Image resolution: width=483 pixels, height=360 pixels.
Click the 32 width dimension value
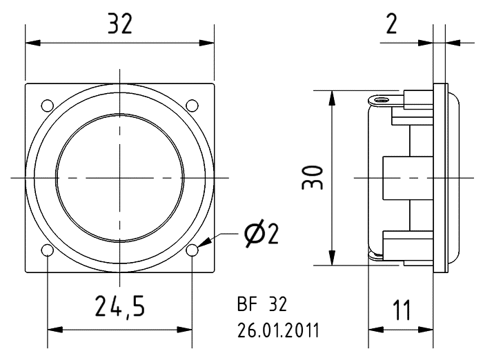tap(120, 24)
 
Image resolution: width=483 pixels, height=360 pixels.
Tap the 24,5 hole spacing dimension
tap(120, 306)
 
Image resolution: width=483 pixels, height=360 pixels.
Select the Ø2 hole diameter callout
tap(261, 234)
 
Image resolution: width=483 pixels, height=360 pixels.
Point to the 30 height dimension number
tap(313, 177)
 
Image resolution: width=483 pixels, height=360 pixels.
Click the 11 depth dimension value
tap(402, 310)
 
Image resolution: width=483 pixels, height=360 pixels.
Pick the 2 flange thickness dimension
tap(391, 24)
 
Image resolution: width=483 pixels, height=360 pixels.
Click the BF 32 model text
tap(262, 304)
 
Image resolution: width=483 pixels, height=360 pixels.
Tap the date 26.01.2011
tap(278, 330)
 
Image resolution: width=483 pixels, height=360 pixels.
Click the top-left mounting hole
tap(47, 106)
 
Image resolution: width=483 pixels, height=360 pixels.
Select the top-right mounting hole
tap(193, 106)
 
